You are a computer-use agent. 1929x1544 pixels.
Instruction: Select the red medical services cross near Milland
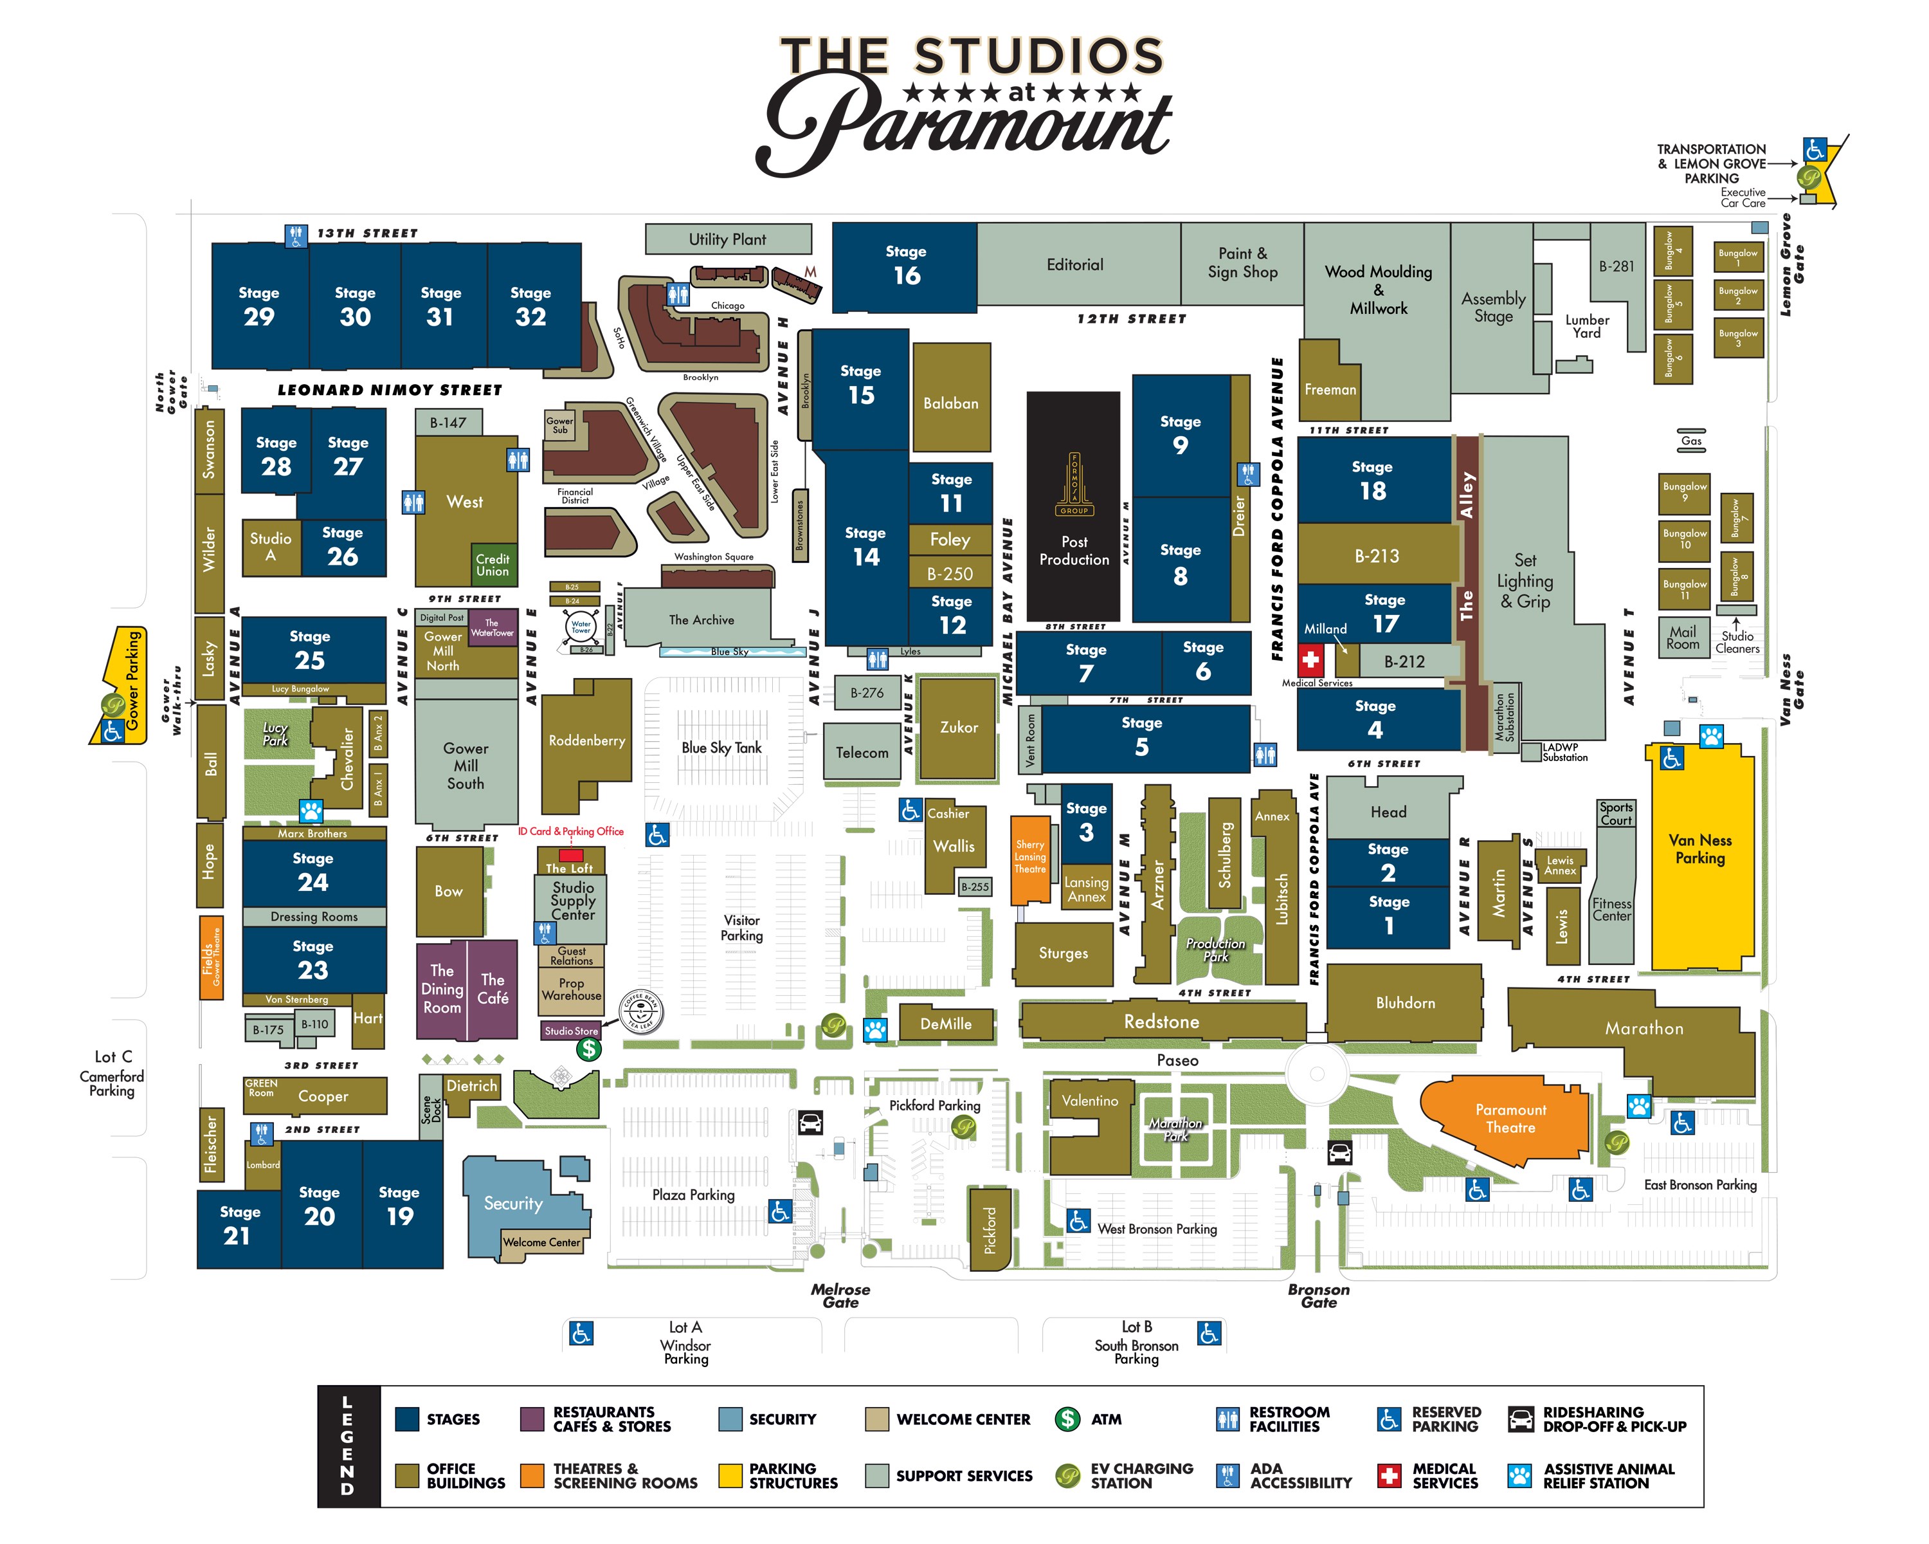(x=1310, y=661)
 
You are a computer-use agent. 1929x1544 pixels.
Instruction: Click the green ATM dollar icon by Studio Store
(x=588, y=1049)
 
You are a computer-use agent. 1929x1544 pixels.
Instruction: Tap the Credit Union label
(x=492, y=565)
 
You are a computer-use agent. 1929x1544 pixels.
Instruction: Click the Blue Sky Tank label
(x=721, y=748)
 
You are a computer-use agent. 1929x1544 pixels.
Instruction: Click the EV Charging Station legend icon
(x=1067, y=1475)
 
